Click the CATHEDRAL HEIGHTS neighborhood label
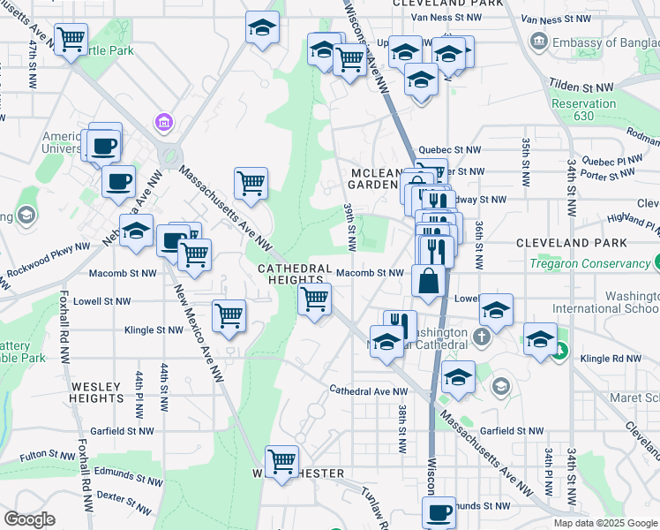coord(295,275)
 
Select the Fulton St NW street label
coord(49,455)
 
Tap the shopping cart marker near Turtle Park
coord(71,39)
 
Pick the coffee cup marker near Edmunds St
coord(439,511)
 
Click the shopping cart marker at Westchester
coord(281,461)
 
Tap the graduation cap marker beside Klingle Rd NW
coord(541,339)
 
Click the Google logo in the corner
coord(28,519)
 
